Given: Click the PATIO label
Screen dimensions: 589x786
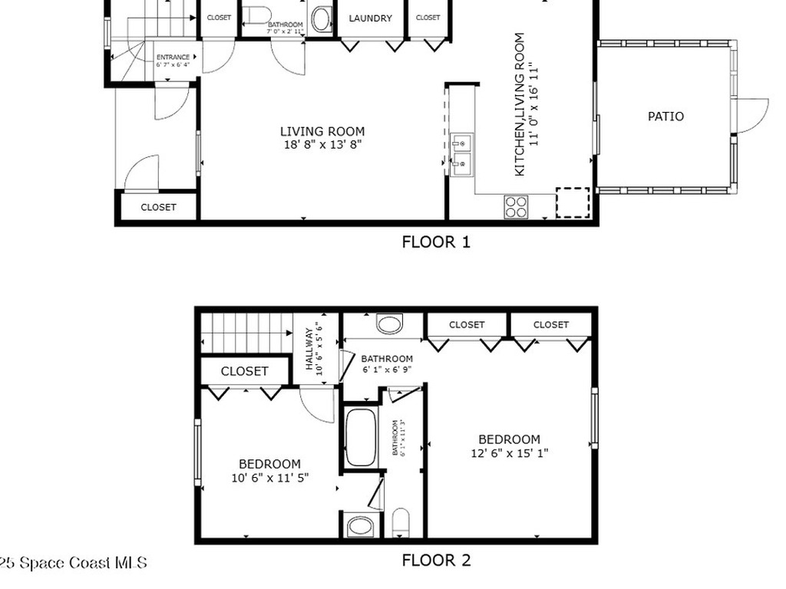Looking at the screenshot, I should [x=665, y=117].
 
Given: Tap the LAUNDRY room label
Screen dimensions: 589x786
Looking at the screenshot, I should [x=370, y=18].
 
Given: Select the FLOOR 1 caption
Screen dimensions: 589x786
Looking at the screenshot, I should [x=436, y=242].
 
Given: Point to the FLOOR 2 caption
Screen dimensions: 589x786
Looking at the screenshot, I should [x=436, y=561].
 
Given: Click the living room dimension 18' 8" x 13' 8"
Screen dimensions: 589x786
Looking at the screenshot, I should [x=322, y=143].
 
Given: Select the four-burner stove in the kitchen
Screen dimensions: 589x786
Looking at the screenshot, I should [x=516, y=206].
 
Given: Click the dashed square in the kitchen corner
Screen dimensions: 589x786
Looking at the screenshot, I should [x=573, y=202].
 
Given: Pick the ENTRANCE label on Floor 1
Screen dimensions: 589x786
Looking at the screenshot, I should [x=173, y=58].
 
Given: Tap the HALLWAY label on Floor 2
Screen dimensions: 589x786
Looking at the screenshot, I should [x=310, y=350].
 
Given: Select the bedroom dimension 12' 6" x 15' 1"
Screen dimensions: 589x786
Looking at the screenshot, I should [x=510, y=452].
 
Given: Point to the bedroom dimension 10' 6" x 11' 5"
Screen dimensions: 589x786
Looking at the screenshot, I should [x=269, y=477].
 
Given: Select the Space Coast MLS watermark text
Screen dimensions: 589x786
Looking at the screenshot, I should [x=73, y=563].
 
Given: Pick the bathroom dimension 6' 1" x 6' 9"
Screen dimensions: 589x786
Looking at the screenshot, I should [x=387, y=369].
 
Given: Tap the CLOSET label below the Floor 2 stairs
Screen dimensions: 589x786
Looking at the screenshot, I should [x=245, y=371].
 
